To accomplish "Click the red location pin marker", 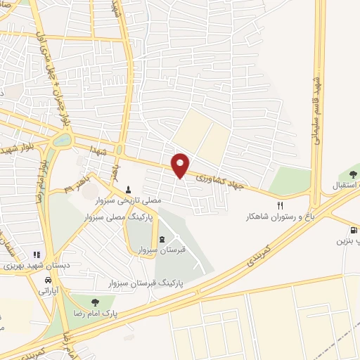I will (x=181, y=165).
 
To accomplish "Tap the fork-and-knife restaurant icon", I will (x=280, y=205).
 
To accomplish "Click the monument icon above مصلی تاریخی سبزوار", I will (x=128, y=188).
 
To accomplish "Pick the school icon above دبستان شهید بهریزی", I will (x=36, y=255).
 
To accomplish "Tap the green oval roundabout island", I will (x=60, y=139).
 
